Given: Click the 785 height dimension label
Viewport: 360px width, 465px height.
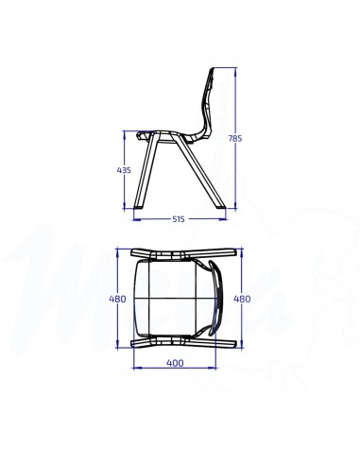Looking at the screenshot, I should (x=235, y=139).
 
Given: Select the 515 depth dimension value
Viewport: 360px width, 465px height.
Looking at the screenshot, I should (x=178, y=219).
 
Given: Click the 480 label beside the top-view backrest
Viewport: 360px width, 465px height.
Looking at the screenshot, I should (x=241, y=299).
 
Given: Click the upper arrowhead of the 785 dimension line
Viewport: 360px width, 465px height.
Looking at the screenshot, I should (x=228, y=68).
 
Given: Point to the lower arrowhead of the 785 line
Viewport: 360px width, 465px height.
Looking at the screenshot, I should (x=228, y=207).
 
